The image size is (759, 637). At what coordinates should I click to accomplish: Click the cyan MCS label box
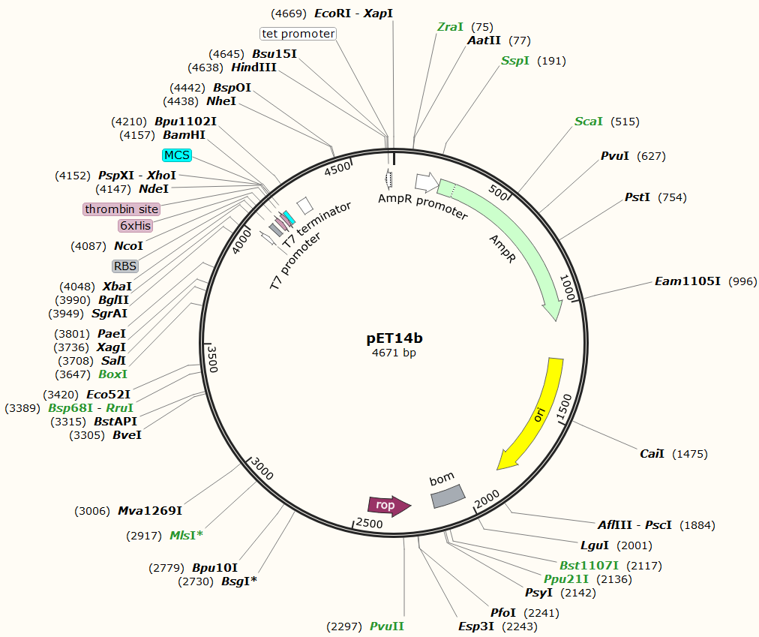click(x=177, y=155)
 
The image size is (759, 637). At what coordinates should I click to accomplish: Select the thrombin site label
click(x=121, y=209)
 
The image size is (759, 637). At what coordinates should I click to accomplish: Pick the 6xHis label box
click(x=135, y=225)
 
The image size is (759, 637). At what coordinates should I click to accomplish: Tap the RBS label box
click(x=125, y=266)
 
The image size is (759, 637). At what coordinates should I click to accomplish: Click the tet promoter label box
click(x=298, y=34)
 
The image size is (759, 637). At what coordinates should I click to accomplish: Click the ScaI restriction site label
click(x=589, y=122)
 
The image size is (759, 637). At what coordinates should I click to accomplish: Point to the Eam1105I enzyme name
click(x=688, y=281)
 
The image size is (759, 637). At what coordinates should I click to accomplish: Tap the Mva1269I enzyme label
click(x=150, y=511)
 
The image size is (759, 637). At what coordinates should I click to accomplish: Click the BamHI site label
click(x=184, y=135)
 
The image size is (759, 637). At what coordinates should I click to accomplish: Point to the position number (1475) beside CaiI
click(x=690, y=454)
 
